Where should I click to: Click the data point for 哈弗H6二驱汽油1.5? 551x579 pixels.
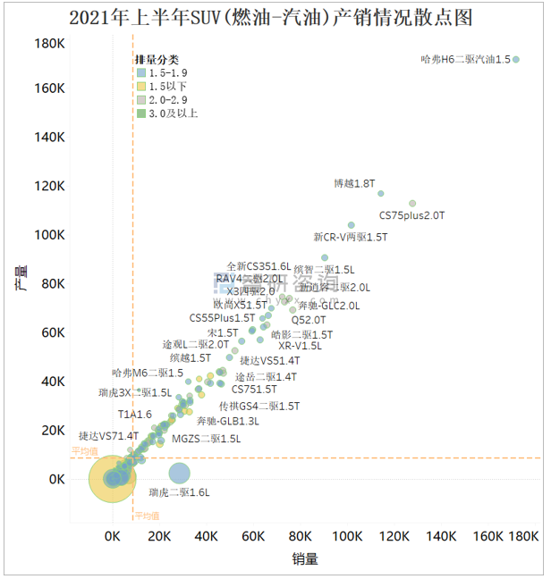click(x=516, y=60)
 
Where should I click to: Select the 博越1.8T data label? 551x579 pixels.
click(x=353, y=183)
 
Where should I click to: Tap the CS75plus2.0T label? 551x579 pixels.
click(x=411, y=215)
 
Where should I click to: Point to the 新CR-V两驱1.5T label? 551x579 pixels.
click(x=351, y=237)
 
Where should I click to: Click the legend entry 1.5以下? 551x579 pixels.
click(x=169, y=86)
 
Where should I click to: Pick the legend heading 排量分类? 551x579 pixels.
click(x=157, y=59)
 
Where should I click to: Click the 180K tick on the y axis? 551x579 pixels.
click(x=48, y=44)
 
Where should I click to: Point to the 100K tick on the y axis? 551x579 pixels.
click(x=48, y=235)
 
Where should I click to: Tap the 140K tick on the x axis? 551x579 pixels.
click(x=440, y=537)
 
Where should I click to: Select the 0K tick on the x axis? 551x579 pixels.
click(x=113, y=537)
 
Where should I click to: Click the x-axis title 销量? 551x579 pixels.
click(x=304, y=559)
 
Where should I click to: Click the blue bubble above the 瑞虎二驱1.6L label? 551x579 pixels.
click(x=179, y=474)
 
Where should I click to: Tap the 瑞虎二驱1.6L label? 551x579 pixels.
click(x=179, y=492)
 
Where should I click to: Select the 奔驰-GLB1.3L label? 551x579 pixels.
click(x=228, y=421)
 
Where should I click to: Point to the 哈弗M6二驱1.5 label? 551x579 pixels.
click(x=148, y=373)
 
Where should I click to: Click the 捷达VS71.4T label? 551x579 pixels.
click(x=108, y=436)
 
